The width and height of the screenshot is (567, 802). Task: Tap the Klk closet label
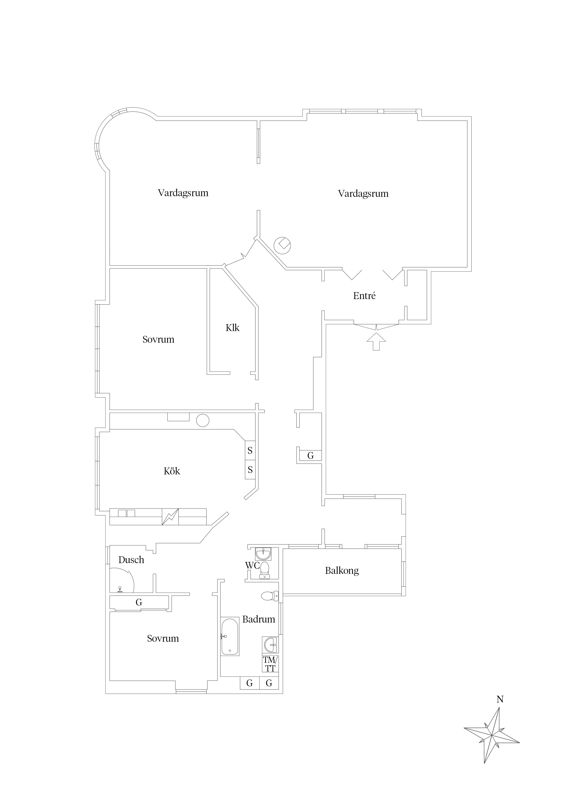click(x=232, y=328)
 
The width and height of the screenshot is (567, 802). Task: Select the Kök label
click(x=172, y=471)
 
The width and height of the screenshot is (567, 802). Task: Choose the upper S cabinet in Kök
click(x=250, y=450)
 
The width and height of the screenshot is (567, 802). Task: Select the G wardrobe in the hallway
click(x=310, y=455)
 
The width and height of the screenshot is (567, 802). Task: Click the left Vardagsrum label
click(x=183, y=193)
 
